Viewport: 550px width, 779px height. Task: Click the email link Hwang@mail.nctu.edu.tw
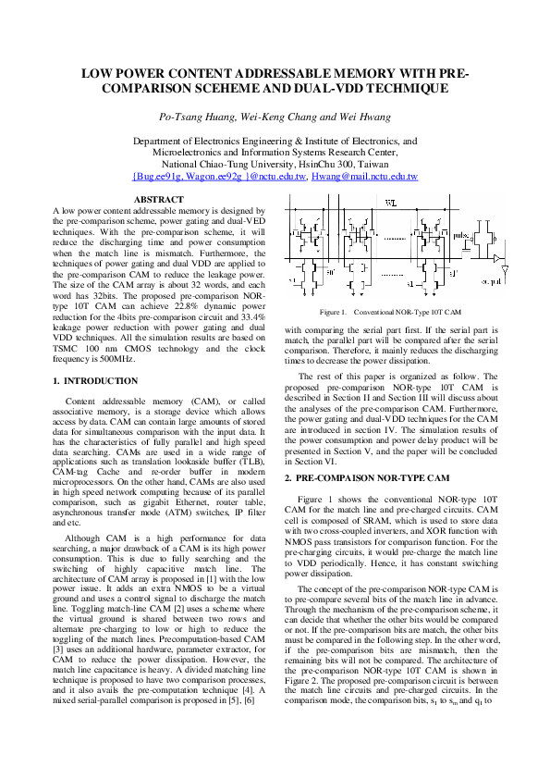[364, 176]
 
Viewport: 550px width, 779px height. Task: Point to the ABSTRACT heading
[159, 200]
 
